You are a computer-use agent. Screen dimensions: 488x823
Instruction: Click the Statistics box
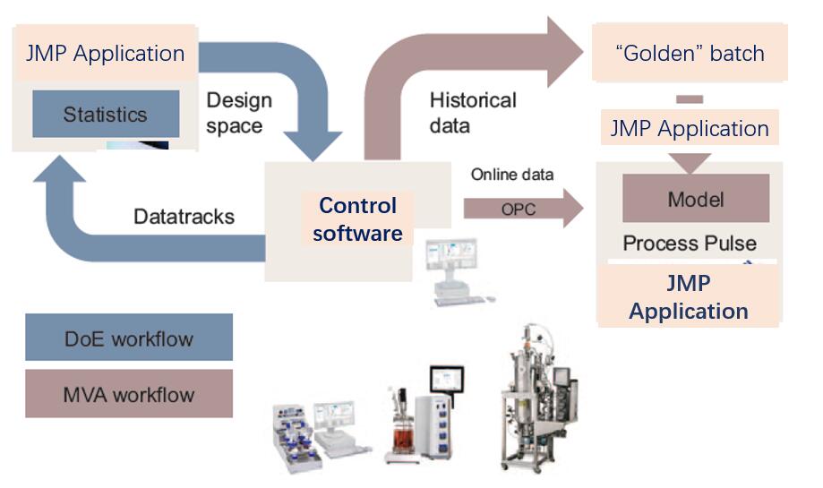point(105,115)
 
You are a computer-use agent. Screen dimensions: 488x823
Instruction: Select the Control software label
point(358,219)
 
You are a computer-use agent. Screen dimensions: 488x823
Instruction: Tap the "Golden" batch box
point(690,53)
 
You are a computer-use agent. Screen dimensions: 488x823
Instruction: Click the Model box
point(696,199)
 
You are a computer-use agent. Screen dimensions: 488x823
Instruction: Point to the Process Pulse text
point(690,243)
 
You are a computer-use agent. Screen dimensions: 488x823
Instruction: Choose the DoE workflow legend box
point(129,339)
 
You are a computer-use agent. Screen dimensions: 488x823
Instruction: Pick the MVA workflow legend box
point(129,394)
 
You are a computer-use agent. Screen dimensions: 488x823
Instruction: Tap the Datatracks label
point(184,216)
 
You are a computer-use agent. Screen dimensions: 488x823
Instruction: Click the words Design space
point(238,113)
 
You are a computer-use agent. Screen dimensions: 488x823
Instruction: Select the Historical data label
point(473,112)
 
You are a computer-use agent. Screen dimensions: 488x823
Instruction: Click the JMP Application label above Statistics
point(104,53)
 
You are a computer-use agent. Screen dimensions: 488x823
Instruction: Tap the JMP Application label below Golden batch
point(690,128)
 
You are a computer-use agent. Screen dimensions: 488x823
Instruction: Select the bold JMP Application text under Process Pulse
point(689,297)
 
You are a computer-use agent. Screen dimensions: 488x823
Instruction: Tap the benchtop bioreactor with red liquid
point(405,430)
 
